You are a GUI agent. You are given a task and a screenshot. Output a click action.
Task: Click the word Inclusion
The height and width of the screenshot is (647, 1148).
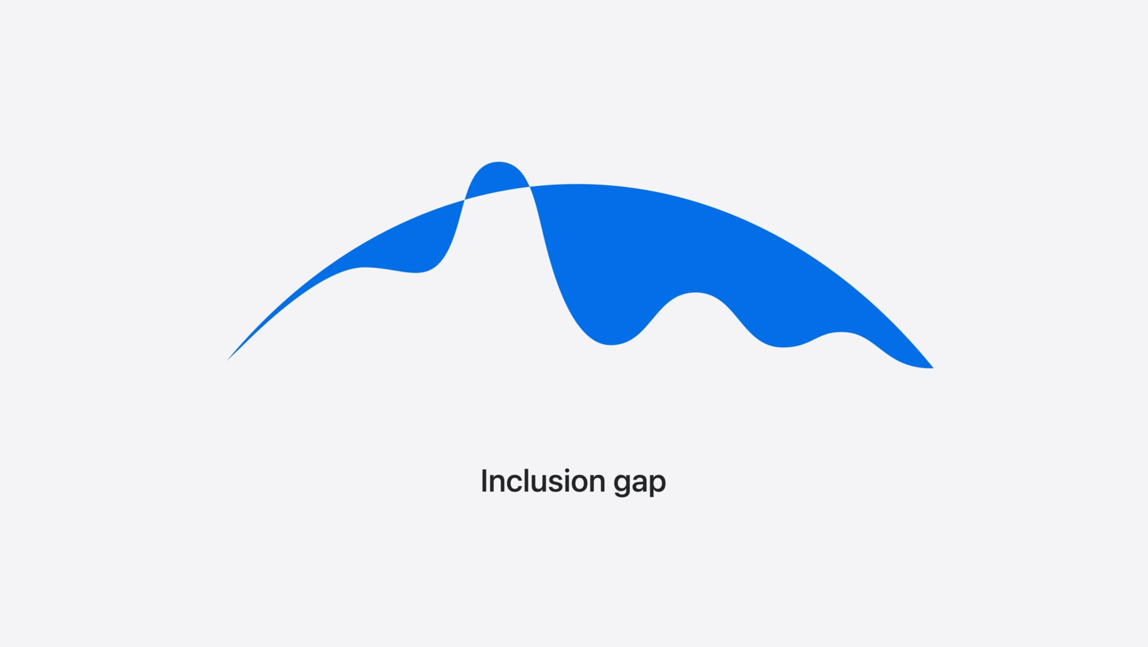coord(543,481)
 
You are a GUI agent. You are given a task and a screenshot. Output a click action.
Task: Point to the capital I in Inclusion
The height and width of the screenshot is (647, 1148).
coord(484,481)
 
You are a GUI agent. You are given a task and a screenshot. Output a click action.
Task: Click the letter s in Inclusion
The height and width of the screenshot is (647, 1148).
coord(557,483)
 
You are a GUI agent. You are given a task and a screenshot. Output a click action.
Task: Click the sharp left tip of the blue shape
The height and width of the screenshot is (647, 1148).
coord(227,361)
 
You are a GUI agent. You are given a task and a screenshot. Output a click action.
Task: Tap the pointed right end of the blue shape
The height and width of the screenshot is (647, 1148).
coord(933,368)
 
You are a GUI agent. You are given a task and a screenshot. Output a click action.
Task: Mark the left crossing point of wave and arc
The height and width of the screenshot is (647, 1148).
coord(464,200)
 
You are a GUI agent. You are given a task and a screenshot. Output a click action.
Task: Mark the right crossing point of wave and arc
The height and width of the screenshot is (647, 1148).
coord(530,187)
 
